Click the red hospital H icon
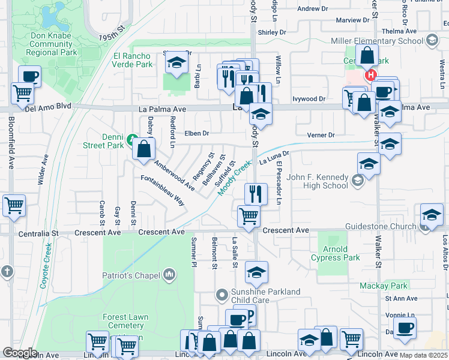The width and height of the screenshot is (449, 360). click(x=371, y=76)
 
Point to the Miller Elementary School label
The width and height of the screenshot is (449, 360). click(x=377, y=41)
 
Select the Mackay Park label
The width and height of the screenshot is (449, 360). click(x=384, y=286)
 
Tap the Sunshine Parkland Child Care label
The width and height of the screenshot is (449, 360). click(x=267, y=296)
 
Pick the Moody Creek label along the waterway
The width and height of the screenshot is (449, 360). click(x=234, y=178)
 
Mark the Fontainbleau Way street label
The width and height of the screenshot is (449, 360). click(x=162, y=190)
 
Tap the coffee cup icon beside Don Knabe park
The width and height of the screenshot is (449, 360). click(x=29, y=76)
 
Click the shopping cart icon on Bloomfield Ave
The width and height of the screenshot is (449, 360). click(x=14, y=205)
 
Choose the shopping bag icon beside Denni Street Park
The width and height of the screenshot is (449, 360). click(x=144, y=149)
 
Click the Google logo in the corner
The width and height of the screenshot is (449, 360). click(x=20, y=353)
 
